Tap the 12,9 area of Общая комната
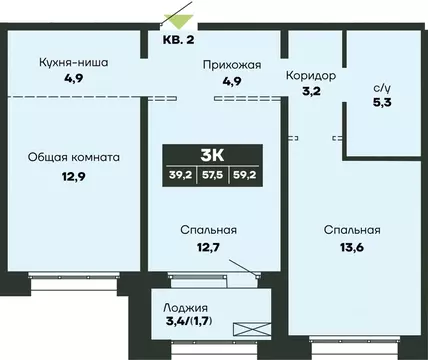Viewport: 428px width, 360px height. click(x=69, y=176)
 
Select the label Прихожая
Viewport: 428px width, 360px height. click(x=233, y=65)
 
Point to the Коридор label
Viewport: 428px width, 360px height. click(x=310, y=76)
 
